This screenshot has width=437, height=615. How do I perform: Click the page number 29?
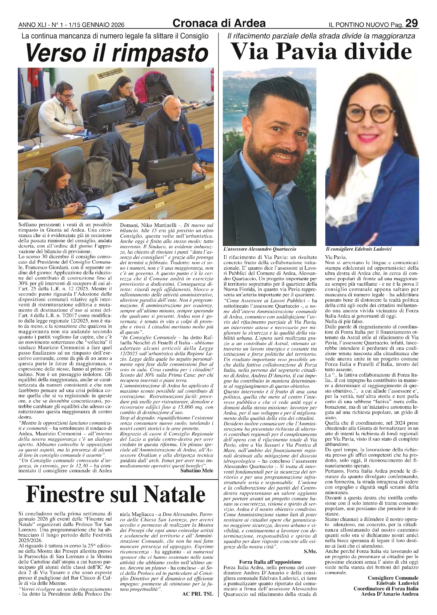pos(411,23)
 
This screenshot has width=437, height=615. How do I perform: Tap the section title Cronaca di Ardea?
pos(219,23)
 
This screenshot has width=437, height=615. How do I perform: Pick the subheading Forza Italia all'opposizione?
pos(270,562)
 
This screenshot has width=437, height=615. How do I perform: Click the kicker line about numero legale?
pos(115,36)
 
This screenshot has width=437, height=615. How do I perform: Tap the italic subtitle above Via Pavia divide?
pos(321,36)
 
